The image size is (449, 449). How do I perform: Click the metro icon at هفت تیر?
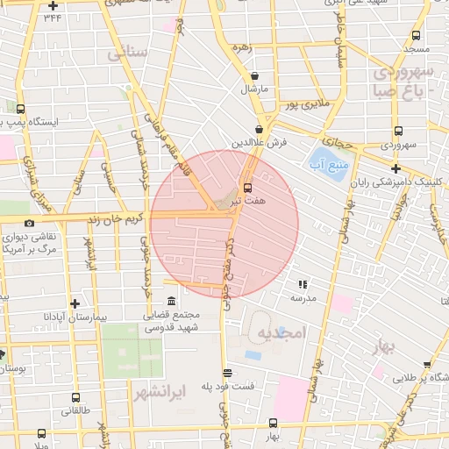[x=247, y=188]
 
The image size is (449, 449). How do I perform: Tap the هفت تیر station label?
[x=247, y=201]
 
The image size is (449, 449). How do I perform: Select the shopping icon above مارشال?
[x=254, y=76]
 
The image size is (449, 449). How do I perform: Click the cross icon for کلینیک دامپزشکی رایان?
[x=396, y=168]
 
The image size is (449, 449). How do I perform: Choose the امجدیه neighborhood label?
[x=280, y=332]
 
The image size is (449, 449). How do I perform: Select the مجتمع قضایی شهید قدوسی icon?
[x=171, y=299]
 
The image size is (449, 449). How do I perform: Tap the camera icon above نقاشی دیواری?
[x=30, y=224]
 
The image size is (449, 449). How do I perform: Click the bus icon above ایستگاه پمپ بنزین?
[x=21, y=110]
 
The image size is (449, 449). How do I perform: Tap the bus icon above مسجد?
[x=416, y=36]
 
